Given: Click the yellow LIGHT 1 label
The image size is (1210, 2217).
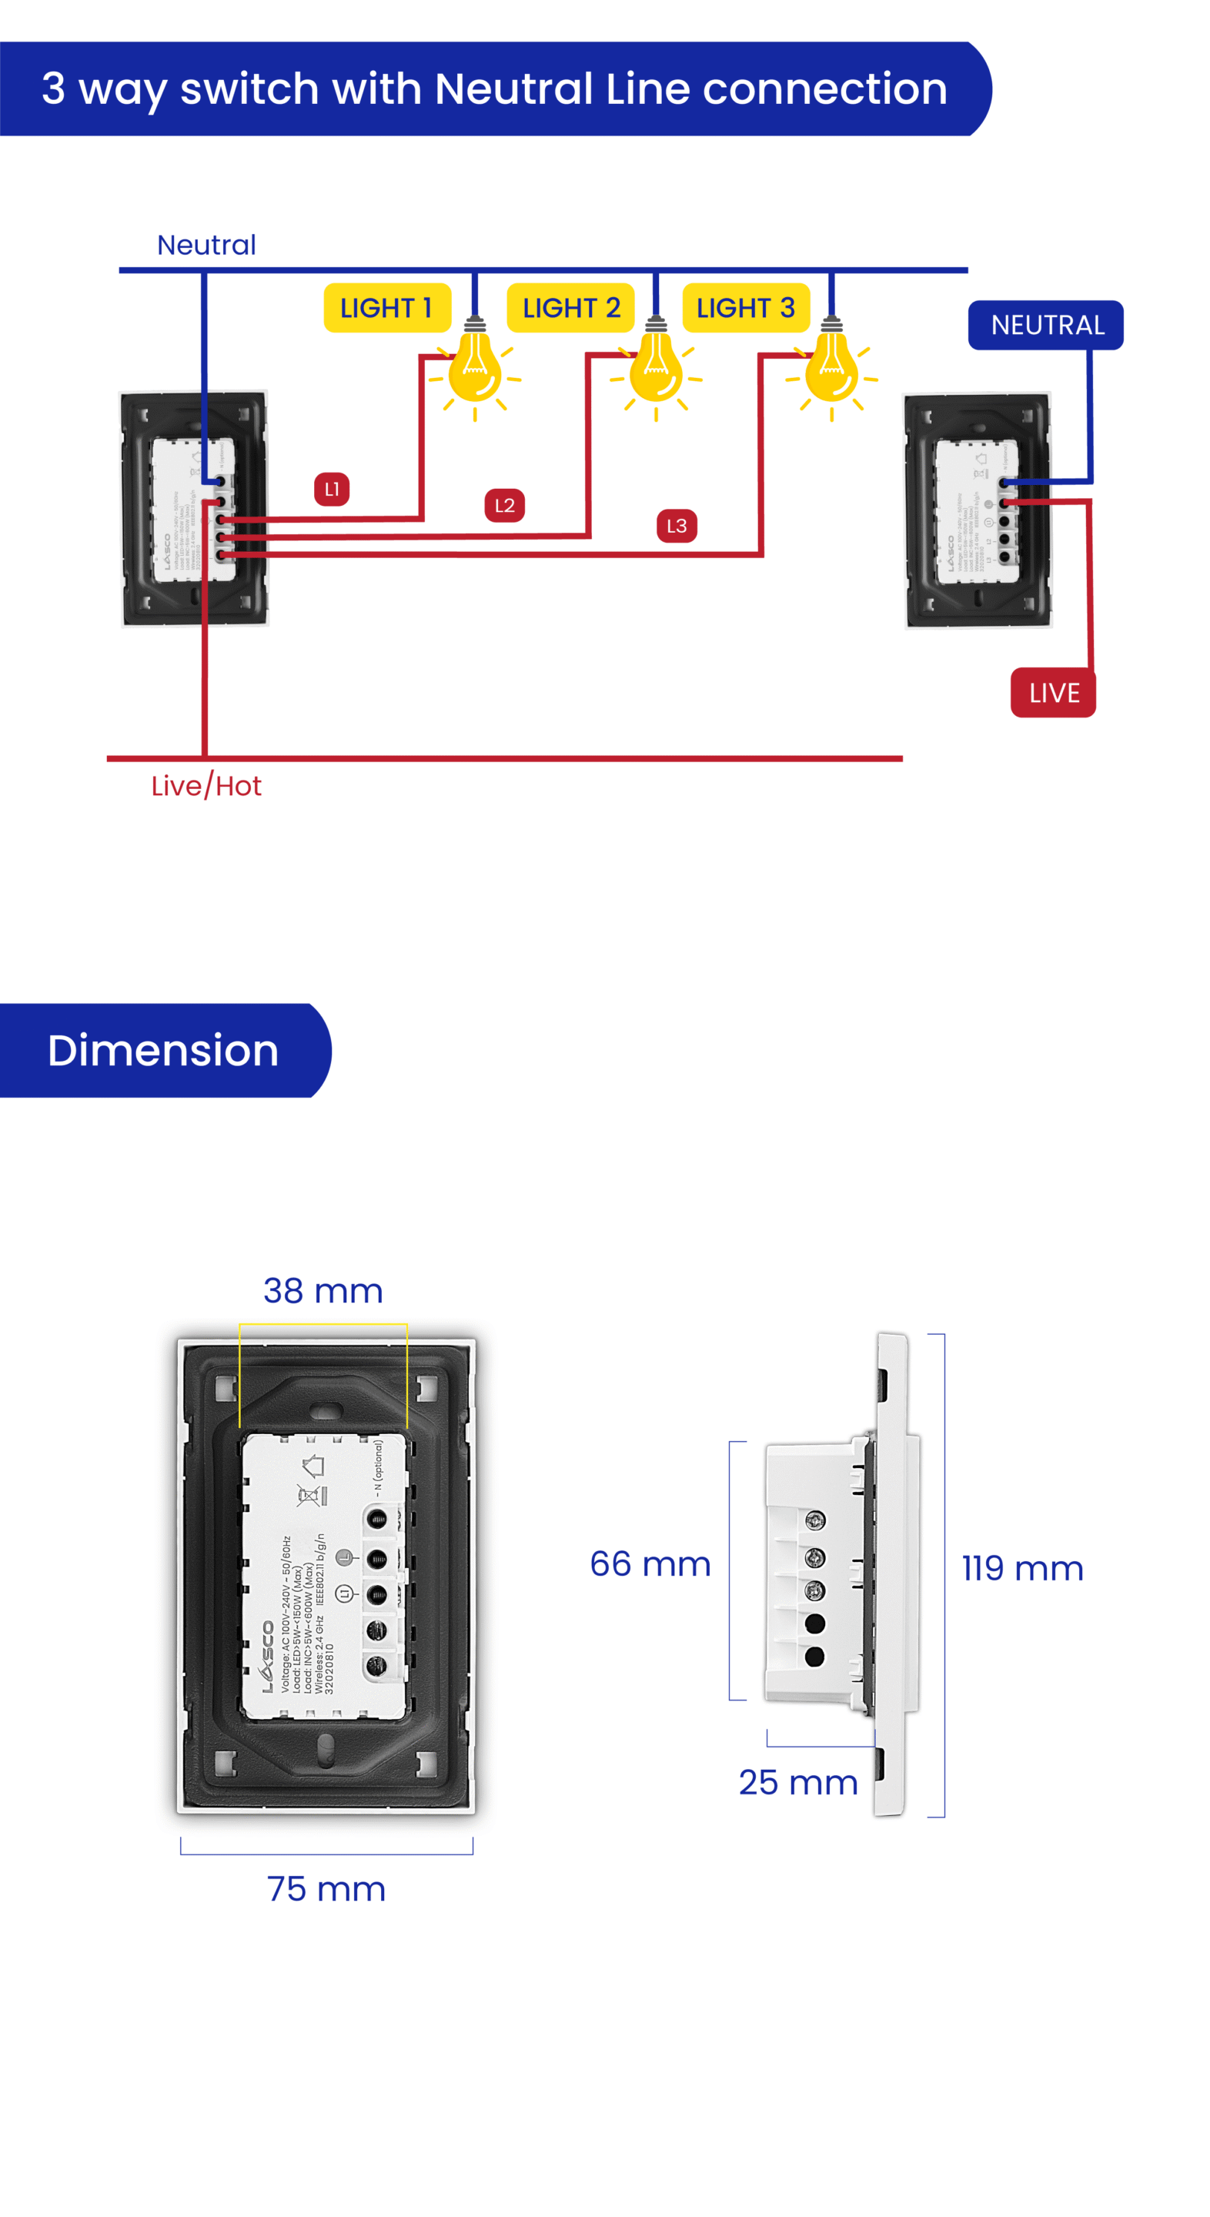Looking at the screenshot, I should [x=386, y=307].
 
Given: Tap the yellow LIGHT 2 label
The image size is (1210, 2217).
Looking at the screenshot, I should [x=570, y=307].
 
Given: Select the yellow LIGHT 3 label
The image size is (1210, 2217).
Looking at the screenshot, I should [x=745, y=307].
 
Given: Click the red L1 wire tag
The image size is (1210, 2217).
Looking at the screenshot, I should [x=331, y=489].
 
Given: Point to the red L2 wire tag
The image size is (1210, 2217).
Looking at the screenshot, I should [x=504, y=505].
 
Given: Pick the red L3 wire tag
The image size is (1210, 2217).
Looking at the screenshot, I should [x=677, y=526].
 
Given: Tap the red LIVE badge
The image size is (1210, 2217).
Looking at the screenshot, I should [x=1052, y=693].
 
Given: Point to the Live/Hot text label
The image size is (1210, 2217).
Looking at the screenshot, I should [x=206, y=786].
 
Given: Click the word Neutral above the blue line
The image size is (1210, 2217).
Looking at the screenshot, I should [x=206, y=246].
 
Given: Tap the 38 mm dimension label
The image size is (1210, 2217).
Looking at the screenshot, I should [x=323, y=1291].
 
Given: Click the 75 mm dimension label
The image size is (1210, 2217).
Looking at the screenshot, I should [x=326, y=1889].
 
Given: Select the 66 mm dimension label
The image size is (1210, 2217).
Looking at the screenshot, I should [x=650, y=1563].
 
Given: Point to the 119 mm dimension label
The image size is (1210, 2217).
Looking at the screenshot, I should [x=1021, y=1568].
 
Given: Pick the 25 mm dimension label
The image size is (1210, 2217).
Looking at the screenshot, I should [x=797, y=1782].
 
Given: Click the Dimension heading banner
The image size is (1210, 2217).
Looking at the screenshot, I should [x=163, y=1050].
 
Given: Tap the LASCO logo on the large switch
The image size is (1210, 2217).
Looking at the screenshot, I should [x=268, y=1657].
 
